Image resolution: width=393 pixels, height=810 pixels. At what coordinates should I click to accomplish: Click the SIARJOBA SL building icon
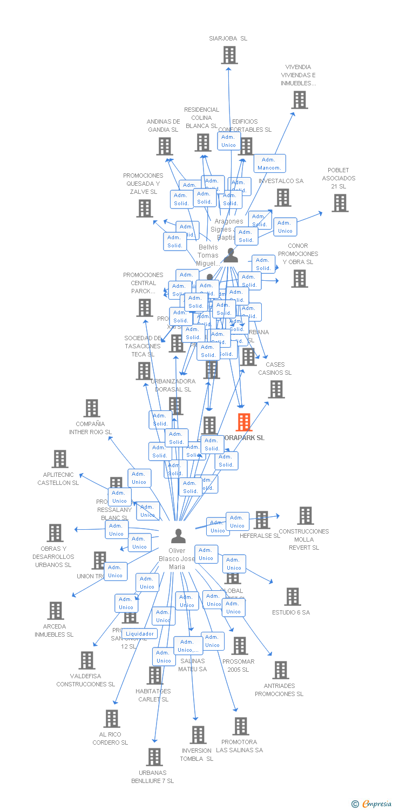pos(229,55)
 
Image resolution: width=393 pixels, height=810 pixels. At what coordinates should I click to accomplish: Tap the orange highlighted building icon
pos(244,422)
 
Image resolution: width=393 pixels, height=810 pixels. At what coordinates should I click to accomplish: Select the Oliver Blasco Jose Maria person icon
pos(178,536)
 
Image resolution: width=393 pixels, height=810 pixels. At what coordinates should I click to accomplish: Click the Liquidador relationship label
pos(139,633)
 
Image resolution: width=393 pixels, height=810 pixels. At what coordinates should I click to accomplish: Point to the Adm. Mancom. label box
pos(269,164)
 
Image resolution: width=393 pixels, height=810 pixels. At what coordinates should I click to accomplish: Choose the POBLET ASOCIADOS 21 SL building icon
pos(340,203)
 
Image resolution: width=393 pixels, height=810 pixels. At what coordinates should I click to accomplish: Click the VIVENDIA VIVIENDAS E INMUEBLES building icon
pos(300,100)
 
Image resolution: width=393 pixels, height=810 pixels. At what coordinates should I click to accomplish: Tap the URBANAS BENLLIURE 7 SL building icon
pos(154,757)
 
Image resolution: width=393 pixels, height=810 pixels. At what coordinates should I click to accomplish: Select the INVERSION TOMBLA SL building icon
pos(198,734)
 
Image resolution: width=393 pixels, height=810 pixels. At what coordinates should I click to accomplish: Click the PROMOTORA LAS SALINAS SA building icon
pos(241,726)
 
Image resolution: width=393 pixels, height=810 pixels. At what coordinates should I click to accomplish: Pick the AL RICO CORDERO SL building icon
pos(112,718)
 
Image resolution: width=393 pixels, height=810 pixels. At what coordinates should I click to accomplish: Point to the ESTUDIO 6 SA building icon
pos(293,597)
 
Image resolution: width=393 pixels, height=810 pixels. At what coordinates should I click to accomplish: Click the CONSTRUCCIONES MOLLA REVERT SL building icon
pos(305,516)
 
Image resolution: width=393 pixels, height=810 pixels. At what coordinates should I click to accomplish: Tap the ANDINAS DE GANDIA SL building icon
pos(165,146)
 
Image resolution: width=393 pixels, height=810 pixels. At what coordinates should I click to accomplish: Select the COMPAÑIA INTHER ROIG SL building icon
pos(92,408)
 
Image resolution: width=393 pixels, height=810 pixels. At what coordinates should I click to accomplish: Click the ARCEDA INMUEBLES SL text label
pos(54,631)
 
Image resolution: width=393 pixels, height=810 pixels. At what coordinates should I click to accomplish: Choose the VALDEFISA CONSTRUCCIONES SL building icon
pos(87,660)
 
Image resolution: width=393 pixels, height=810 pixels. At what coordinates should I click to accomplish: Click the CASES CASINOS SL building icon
pos(276,389)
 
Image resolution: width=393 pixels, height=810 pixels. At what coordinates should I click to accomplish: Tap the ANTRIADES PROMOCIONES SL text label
pos(279,690)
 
